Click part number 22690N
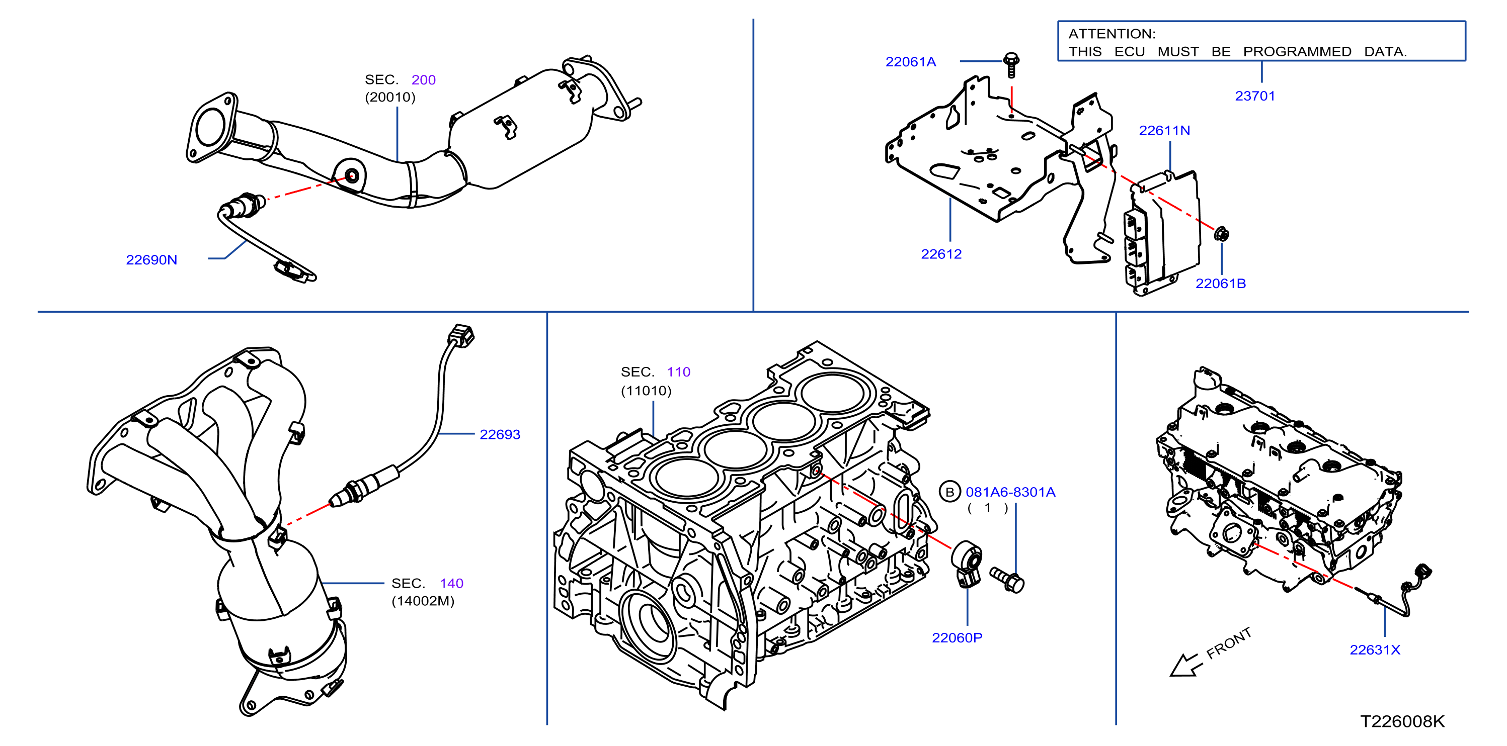(151, 259)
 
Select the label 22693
(500, 434)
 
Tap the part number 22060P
(957, 638)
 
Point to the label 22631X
(1375, 649)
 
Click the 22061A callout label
(911, 62)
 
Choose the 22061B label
(1220, 284)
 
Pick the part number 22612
(941, 254)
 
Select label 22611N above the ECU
(1164, 130)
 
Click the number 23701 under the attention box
(1255, 96)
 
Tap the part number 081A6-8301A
(1010, 492)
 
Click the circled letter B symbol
(950, 492)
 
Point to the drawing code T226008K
(1402, 721)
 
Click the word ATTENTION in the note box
(1112, 34)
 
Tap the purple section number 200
(424, 79)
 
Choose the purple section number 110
(679, 372)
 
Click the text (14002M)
(423, 601)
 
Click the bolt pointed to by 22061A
(1011, 64)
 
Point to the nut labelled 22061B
(1221, 234)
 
